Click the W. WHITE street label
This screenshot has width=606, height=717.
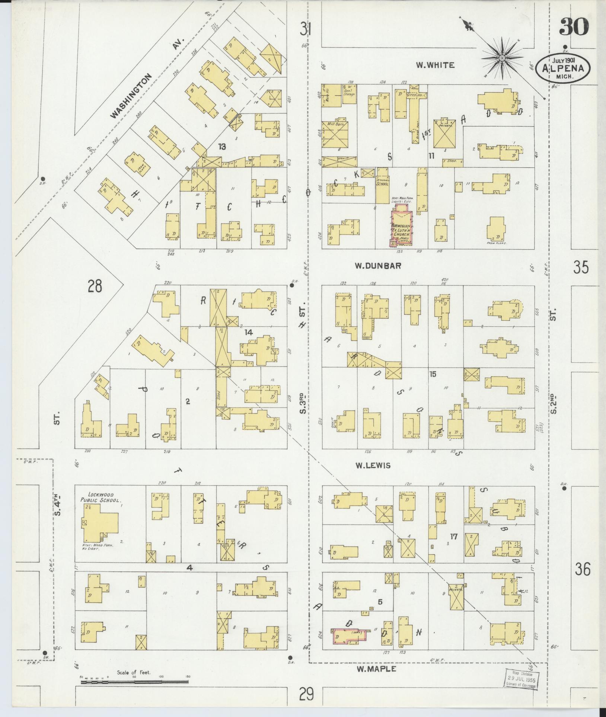(435, 65)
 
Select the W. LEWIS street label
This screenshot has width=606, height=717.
(373, 465)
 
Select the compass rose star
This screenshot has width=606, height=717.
(502, 58)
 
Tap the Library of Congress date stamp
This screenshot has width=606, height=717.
(522, 679)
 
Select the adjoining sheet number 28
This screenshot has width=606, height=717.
(95, 287)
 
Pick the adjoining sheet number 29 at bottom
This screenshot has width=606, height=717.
(306, 694)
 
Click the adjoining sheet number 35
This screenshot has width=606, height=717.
(581, 267)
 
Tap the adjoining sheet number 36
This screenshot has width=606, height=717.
(582, 569)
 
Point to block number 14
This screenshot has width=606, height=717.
(248, 332)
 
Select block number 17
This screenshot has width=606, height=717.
(453, 537)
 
